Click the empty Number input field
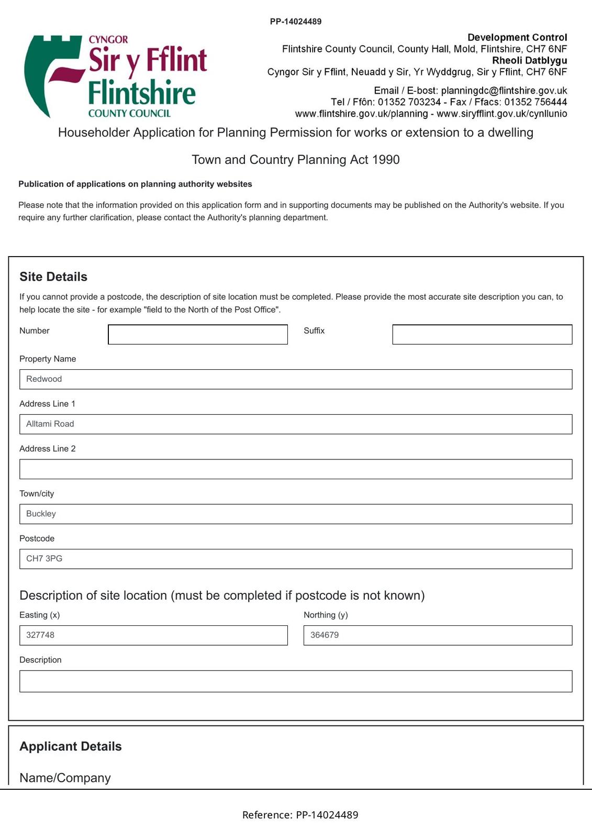pos(197,335)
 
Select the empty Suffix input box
pos(482,335)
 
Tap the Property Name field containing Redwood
pos(295,379)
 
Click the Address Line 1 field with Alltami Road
pos(295,424)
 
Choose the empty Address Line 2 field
pos(295,469)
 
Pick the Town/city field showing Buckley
pos(295,514)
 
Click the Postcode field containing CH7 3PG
pos(295,559)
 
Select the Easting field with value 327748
pos(153,635)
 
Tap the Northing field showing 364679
pos(438,635)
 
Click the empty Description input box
pos(295,681)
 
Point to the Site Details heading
pos(53,277)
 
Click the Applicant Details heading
pos(71,746)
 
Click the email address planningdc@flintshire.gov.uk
pos(504,91)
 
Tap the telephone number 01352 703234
pos(409,102)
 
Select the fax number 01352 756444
pos(535,102)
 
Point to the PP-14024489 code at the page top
pos(296,21)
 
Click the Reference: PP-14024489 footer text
pos(300,815)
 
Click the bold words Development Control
pos(517,37)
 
